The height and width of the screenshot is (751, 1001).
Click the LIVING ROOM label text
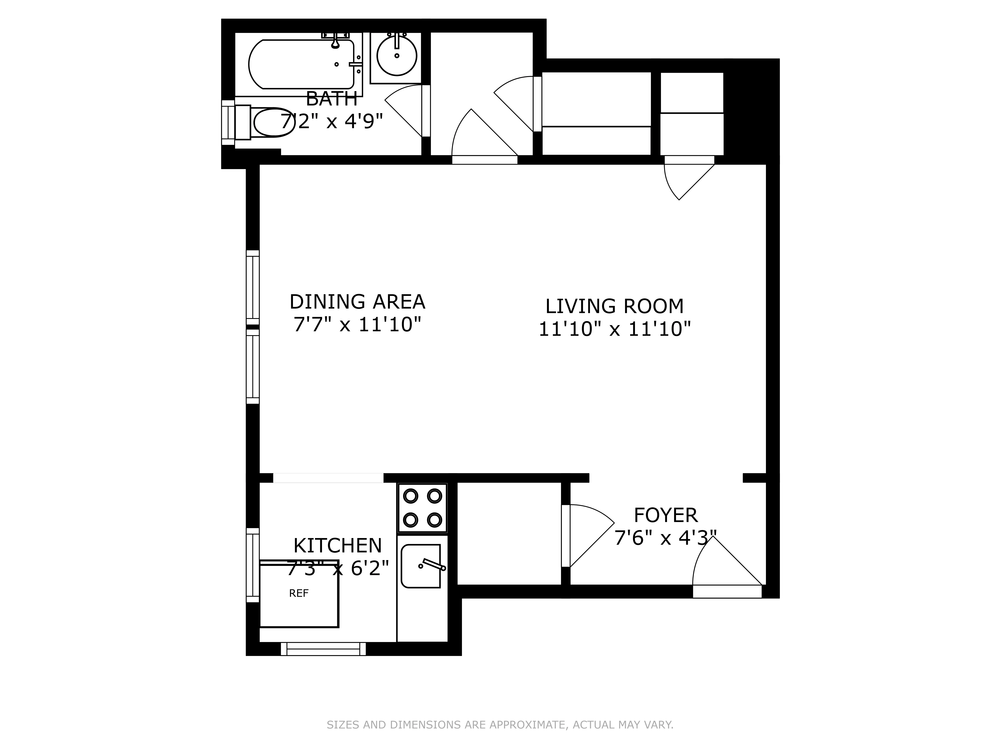tap(614, 306)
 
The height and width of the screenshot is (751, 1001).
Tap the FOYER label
tap(665, 515)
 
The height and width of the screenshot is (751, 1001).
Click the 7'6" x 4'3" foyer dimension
tap(665, 538)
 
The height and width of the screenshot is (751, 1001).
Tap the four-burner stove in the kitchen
tap(422, 508)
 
